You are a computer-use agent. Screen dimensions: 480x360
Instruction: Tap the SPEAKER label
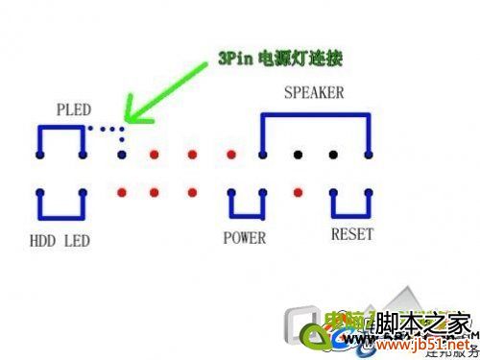pos(314,93)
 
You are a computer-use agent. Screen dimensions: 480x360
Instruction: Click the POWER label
pos(244,236)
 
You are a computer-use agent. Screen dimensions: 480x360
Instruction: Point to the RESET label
pos(351,234)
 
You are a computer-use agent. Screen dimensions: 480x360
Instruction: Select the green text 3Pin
pos(235,59)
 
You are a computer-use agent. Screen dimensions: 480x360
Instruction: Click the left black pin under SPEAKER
pos(299,154)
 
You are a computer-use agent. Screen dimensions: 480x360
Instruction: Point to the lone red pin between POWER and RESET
pos(299,192)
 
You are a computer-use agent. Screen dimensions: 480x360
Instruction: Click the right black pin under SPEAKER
pos(333,154)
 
